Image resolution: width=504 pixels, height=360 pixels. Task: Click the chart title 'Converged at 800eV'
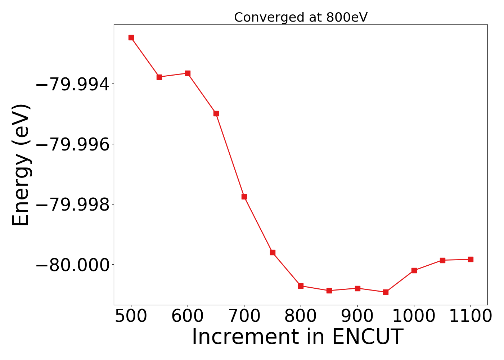click(301, 17)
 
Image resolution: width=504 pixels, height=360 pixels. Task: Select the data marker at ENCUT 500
click(131, 37)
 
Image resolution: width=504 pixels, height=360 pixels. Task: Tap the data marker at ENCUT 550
click(159, 77)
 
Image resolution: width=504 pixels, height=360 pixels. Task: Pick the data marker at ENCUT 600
click(188, 73)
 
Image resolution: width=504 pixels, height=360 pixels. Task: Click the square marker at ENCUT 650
click(216, 113)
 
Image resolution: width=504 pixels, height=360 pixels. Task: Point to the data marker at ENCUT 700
click(244, 197)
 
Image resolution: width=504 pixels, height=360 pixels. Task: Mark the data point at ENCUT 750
click(273, 252)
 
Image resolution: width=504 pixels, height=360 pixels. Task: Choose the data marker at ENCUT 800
click(301, 286)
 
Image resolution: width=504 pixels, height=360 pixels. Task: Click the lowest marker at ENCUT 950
click(386, 292)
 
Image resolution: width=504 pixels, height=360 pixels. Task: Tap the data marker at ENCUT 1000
click(414, 270)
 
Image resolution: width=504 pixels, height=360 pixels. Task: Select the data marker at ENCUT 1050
click(442, 260)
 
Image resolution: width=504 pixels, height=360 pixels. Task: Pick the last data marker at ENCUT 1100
click(471, 259)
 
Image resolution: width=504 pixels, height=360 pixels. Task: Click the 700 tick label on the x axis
click(244, 316)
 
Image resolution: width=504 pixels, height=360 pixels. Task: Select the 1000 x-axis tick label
click(414, 316)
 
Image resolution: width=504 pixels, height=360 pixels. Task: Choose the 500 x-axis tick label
click(131, 316)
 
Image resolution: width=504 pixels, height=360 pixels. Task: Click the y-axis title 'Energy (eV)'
click(21, 165)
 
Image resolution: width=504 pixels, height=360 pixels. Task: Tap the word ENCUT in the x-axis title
click(367, 337)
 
